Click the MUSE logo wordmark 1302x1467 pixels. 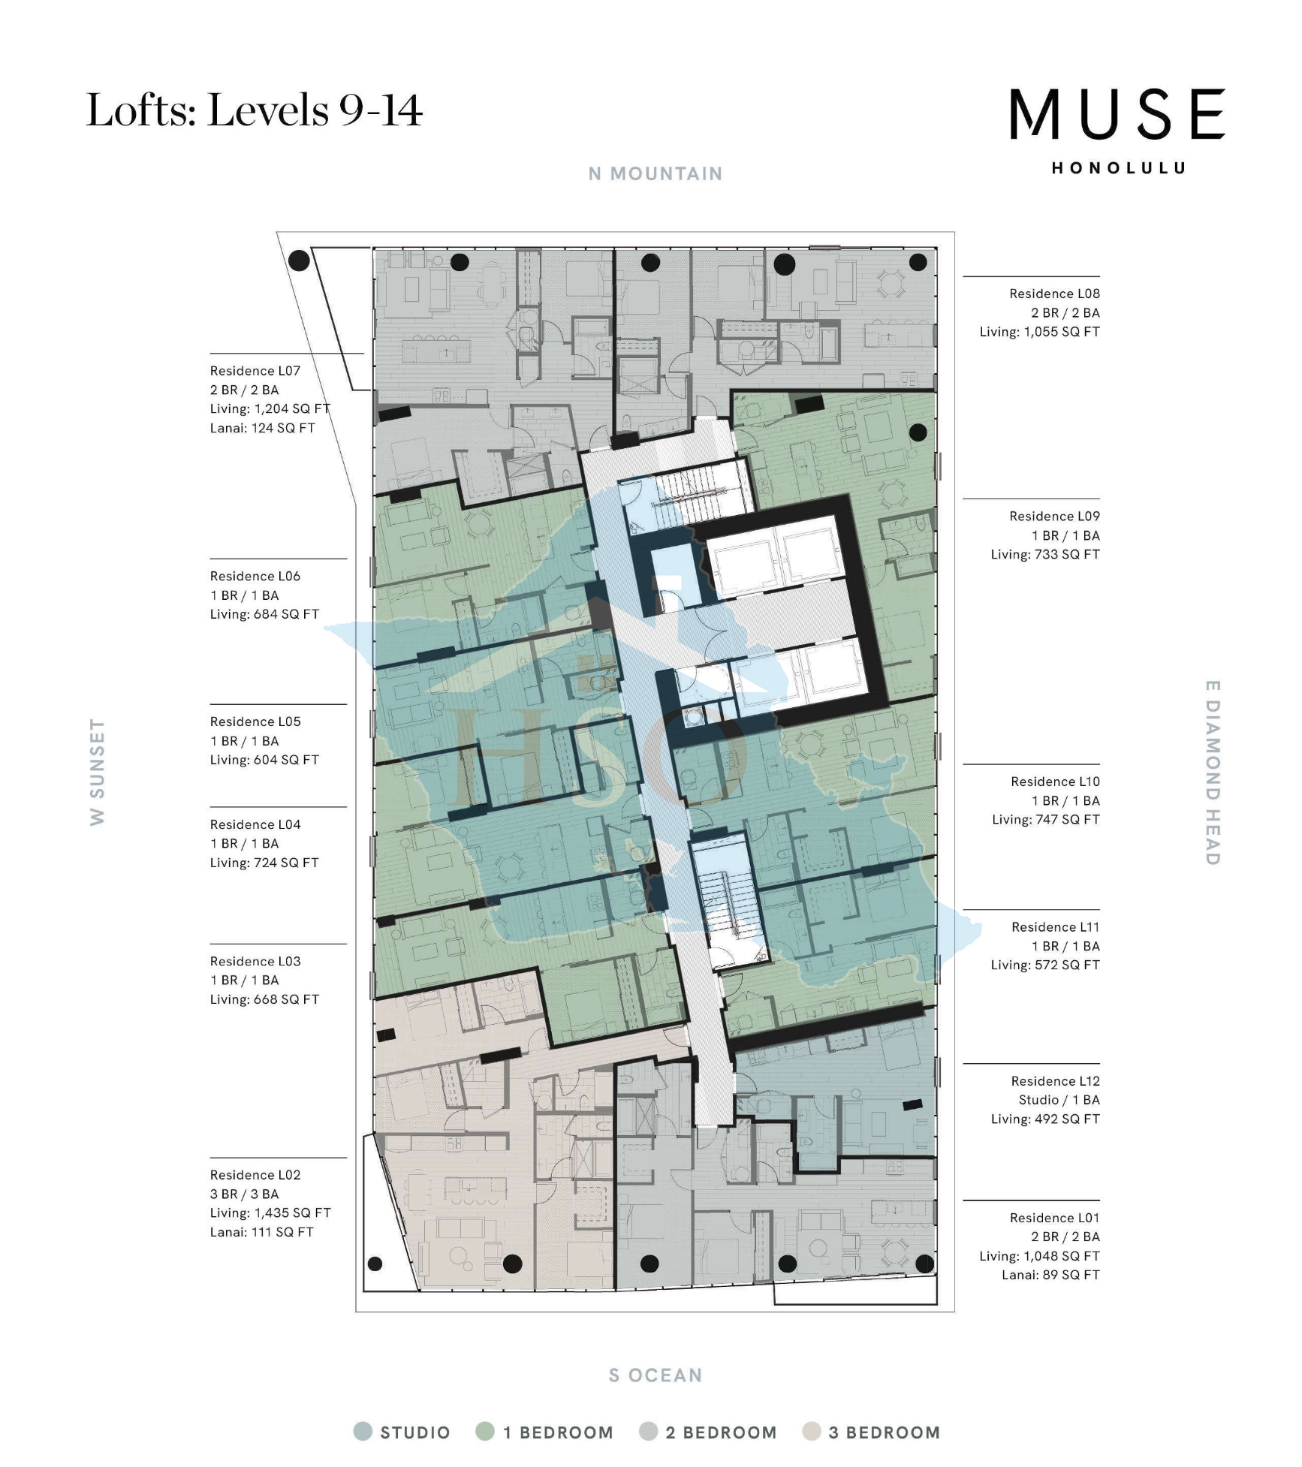tap(1117, 114)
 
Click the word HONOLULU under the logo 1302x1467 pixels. tap(1118, 168)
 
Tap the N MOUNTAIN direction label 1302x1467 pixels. tap(655, 174)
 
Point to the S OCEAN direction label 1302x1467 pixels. tap(655, 1375)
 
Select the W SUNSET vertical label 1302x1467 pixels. tap(98, 772)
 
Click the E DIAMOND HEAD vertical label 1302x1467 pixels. tap(1212, 773)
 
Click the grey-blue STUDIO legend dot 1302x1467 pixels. tap(363, 1431)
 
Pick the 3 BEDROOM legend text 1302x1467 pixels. tap(884, 1432)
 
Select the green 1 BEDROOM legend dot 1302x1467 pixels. tap(485, 1431)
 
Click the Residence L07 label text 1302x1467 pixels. tap(255, 371)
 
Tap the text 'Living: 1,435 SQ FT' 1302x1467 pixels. tap(270, 1212)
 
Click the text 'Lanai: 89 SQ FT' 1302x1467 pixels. tap(1050, 1275)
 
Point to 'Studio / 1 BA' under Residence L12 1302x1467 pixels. tap(1058, 1100)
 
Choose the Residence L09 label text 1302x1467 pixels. tap(1053, 517)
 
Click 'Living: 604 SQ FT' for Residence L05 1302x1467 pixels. tap(264, 760)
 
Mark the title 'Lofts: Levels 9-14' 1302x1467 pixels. tap(255, 110)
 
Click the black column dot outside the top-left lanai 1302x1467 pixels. tap(299, 261)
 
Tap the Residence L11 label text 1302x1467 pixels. tap(1054, 927)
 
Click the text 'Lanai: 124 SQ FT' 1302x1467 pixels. tap(262, 428)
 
